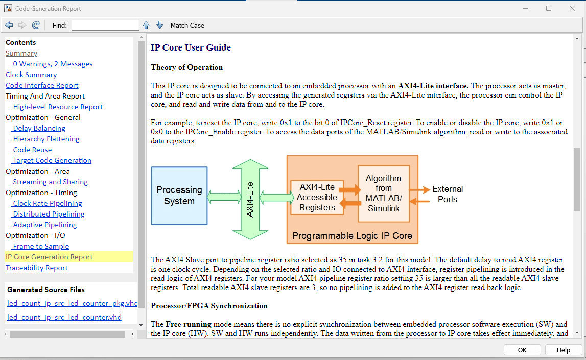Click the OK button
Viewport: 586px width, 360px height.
pyautogui.click(x=522, y=350)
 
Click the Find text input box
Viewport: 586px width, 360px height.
pyautogui.click(x=105, y=25)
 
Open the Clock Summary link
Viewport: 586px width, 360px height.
pyautogui.click(x=31, y=75)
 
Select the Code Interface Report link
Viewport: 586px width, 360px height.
pyautogui.click(x=42, y=85)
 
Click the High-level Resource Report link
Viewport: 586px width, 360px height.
pyautogui.click(x=58, y=107)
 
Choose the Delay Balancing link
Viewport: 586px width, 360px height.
pyautogui.click(x=39, y=128)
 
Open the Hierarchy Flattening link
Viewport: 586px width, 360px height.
pyautogui.click(x=46, y=139)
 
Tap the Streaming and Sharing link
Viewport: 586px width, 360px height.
pyautogui.click(x=50, y=182)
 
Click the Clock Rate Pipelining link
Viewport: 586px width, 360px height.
pyautogui.click(x=47, y=203)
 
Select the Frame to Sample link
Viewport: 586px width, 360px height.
pyautogui.click(x=41, y=246)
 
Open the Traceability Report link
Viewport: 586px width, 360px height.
pyautogui.click(x=37, y=268)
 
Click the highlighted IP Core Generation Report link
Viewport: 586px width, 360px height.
pyautogui.click(x=49, y=257)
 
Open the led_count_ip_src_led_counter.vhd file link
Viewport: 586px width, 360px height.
pyautogui.click(x=64, y=317)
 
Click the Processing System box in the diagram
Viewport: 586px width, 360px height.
pyautogui.click(x=179, y=196)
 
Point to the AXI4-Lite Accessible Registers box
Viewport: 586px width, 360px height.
pyautogui.click(x=317, y=197)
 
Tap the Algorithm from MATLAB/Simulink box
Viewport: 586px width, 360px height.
pyautogui.click(x=384, y=194)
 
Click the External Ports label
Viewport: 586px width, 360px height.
pyautogui.click(x=448, y=194)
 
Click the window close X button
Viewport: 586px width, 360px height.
pyautogui.click(x=572, y=8)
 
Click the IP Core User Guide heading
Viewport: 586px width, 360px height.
pyautogui.click(x=191, y=48)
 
